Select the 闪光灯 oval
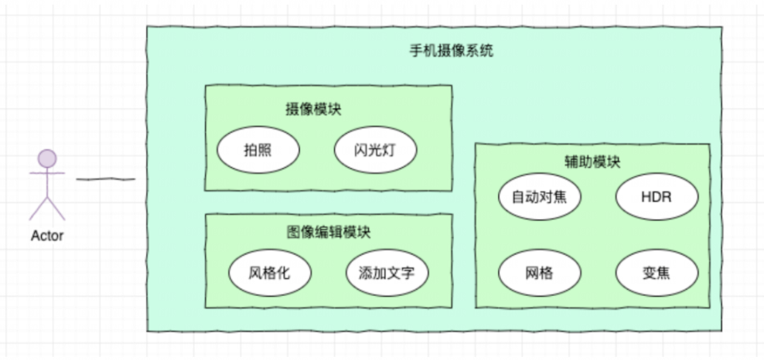[375, 150]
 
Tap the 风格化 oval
[270, 272]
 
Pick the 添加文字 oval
[387, 272]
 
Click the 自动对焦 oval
[539, 196]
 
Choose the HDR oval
[657, 196]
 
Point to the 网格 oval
[539, 273]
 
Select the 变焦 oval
[657, 273]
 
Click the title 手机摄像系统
[451, 52]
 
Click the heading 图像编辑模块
[328, 232]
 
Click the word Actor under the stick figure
[47, 236]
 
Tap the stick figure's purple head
[47, 159]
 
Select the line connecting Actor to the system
[106, 179]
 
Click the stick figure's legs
[47, 207]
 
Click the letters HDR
[657, 196]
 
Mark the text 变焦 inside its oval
[657, 273]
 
